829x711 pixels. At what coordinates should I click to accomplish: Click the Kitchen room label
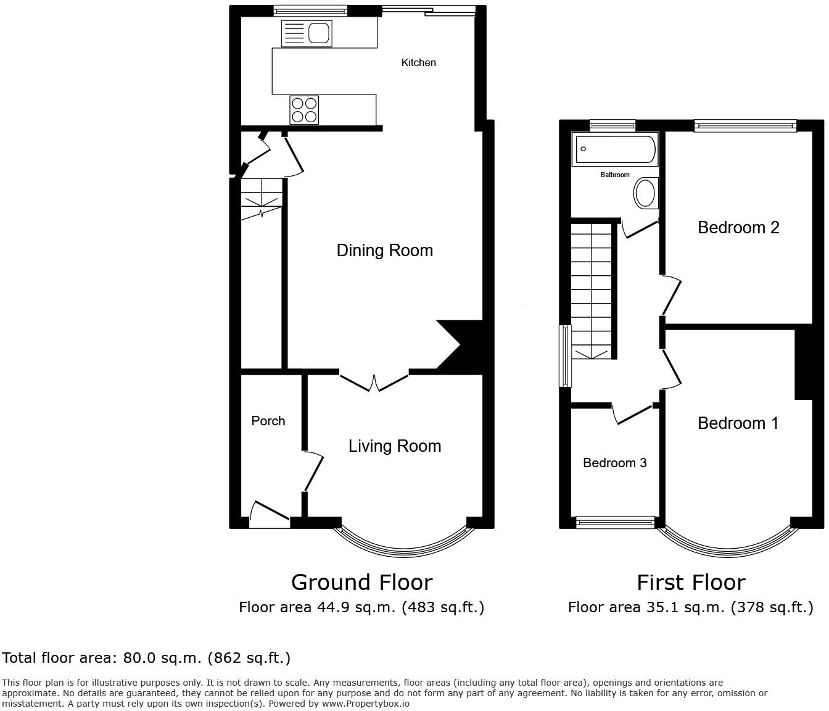pos(418,62)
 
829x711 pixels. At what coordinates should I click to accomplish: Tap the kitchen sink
pos(307,33)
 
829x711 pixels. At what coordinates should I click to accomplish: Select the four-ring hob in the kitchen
pos(305,110)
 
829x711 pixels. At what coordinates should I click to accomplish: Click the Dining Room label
pos(385,251)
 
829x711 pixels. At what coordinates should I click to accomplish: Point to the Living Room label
pos(395,446)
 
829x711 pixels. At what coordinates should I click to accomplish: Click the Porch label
pos(268,421)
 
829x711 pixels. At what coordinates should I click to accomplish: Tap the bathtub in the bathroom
pos(615,149)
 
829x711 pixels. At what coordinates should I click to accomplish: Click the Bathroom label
pos(615,175)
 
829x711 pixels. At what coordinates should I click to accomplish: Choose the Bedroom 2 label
pos(738,228)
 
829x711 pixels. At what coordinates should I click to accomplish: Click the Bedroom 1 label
pos(738,423)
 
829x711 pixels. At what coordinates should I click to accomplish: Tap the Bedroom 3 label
pos(614,463)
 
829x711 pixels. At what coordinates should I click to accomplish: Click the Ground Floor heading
pos(361,582)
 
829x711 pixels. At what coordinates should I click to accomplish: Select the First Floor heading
pos(691,582)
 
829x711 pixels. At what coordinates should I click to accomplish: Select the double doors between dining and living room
pos(374,382)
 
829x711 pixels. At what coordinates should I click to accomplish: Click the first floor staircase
pos(592,291)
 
